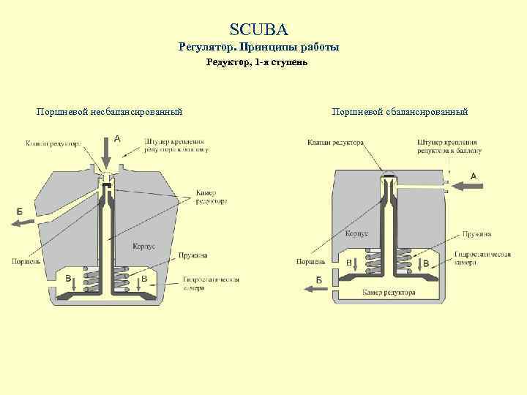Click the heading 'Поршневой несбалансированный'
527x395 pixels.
(x=109, y=112)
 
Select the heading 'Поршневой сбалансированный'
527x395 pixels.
(x=399, y=112)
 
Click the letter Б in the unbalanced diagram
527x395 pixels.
(x=20, y=211)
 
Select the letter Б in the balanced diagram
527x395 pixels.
(x=319, y=279)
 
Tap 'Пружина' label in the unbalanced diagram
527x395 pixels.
(x=193, y=256)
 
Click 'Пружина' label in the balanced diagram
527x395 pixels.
(x=476, y=233)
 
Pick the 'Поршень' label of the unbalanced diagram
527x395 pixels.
(x=26, y=260)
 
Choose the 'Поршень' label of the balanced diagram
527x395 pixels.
(x=309, y=261)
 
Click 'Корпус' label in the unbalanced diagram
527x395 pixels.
(x=143, y=246)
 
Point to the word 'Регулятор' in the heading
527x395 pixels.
(x=208, y=47)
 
